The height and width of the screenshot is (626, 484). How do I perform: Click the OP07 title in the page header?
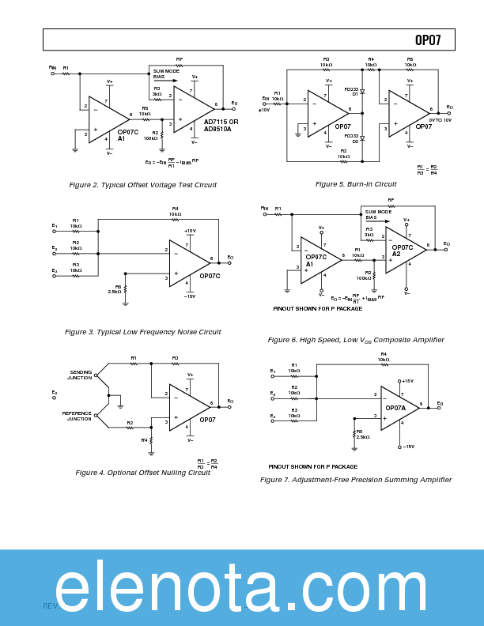[x=428, y=40]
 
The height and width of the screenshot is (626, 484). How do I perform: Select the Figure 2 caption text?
[x=142, y=185]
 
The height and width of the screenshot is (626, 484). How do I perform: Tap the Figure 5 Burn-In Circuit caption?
[x=356, y=184]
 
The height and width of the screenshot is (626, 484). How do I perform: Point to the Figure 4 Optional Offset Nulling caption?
[x=142, y=473]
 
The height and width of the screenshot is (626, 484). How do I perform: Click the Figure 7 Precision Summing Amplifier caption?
[x=356, y=480]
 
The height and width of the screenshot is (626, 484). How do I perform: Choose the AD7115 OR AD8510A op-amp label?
[x=221, y=125]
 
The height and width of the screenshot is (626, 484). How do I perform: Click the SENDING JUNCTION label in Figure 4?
[x=80, y=375]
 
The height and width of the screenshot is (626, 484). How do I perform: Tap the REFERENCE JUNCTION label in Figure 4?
[x=78, y=416]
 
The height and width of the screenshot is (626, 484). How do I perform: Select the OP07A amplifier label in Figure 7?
[x=395, y=408]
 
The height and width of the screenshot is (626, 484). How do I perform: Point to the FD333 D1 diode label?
[x=352, y=92]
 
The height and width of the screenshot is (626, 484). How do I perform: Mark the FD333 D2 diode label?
[x=352, y=138]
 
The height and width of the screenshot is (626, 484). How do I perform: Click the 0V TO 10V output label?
[x=440, y=119]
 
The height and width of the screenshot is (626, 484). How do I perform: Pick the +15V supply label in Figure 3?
[x=190, y=231]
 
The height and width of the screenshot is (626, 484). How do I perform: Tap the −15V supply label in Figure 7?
[x=407, y=447]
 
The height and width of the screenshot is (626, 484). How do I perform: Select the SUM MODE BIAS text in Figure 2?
[x=166, y=74]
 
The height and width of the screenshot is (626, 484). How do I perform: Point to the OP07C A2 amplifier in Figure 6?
[x=402, y=251]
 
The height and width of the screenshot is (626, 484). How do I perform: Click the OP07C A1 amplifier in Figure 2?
[x=127, y=135]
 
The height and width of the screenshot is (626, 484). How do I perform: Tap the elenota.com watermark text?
[x=241, y=588]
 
